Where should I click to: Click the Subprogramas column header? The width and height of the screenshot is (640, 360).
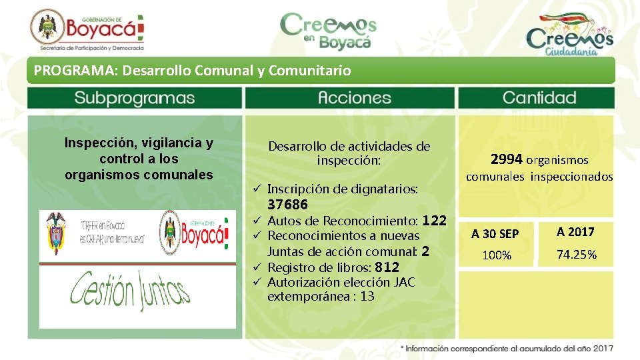[x=134, y=98]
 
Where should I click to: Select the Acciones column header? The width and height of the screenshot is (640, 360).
[x=350, y=98]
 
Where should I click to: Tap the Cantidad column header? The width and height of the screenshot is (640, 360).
[x=539, y=98]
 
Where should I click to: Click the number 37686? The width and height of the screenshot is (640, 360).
[x=287, y=205]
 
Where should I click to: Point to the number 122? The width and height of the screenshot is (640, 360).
[x=434, y=220]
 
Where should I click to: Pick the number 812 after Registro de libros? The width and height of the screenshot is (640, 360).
[x=387, y=267]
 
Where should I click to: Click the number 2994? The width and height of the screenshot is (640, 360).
[x=507, y=159]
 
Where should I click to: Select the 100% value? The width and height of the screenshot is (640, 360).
[x=497, y=255]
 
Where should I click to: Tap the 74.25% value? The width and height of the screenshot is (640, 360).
[x=577, y=255]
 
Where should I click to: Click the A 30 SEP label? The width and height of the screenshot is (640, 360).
[x=495, y=233]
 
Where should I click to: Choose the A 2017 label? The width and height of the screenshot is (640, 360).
[x=575, y=232]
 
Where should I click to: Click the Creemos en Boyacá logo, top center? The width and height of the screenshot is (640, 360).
[x=328, y=31]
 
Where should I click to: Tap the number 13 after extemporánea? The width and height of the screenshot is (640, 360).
[x=367, y=296]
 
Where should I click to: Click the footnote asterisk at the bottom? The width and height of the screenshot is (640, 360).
[x=402, y=349]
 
